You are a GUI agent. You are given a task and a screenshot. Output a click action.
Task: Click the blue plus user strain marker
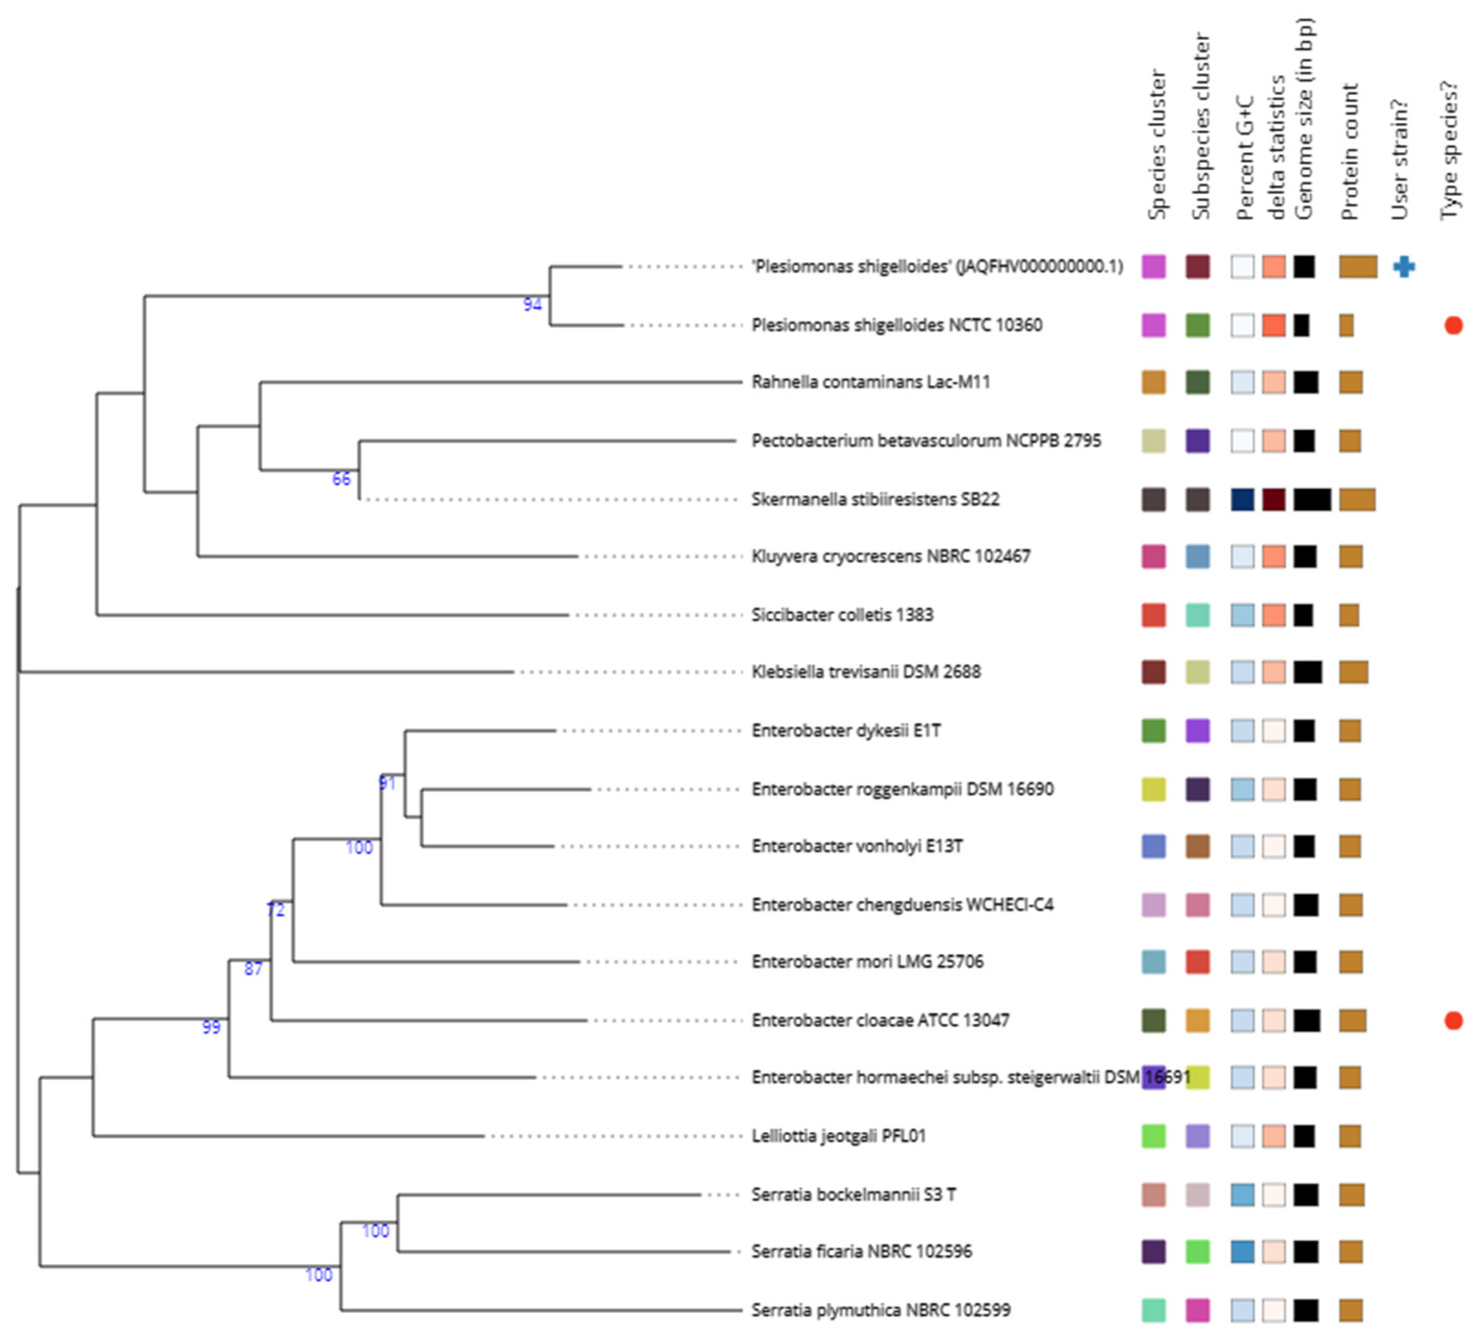tap(1403, 266)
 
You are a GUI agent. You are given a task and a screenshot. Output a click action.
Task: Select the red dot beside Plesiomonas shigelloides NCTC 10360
tap(1453, 325)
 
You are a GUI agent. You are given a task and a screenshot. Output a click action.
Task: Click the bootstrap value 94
tap(533, 304)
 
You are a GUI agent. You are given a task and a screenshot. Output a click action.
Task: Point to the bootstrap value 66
tap(341, 479)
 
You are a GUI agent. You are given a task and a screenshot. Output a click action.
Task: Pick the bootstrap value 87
tap(253, 969)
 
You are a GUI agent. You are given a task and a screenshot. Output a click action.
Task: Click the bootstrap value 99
tap(211, 1027)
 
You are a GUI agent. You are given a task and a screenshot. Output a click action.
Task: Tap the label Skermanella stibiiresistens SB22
tap(874, 499)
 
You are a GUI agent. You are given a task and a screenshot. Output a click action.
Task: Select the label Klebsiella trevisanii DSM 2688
tap(866, 671)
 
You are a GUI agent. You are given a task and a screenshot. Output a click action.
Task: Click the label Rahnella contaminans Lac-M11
tap(870, 382)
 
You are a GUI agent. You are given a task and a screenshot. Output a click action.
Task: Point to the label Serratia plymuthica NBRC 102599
tap(881, 1309)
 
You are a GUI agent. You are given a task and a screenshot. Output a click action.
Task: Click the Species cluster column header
tap(1156, 145)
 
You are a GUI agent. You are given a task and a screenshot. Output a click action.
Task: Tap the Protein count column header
tap(1349, 152)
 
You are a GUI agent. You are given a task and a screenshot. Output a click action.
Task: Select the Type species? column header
tap(1449, 150)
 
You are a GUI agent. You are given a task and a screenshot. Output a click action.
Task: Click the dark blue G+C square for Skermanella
tap(1243, 499)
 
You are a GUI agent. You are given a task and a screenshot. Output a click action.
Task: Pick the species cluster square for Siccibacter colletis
tap(1153, 615)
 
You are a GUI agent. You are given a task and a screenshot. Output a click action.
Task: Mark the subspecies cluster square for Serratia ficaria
tap(1197, 1252)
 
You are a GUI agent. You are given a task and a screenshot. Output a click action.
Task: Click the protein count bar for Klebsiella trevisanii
tap(1353, 671)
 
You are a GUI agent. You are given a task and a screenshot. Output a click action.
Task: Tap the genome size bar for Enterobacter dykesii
tap(1304, 730)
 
